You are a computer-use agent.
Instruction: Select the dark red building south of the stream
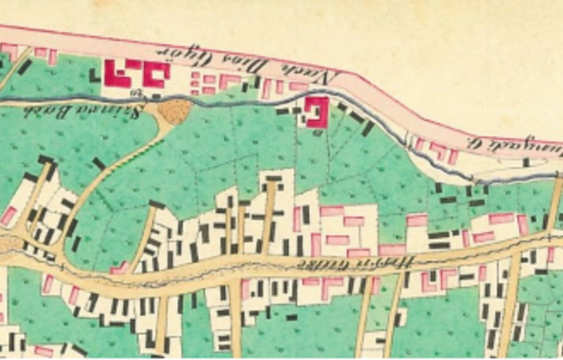pos(317,112)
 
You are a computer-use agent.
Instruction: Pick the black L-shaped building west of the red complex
pos(95,74)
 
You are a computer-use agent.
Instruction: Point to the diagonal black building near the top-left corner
pos(25,67)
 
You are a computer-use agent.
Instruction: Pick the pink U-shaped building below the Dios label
pos(230,81)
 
